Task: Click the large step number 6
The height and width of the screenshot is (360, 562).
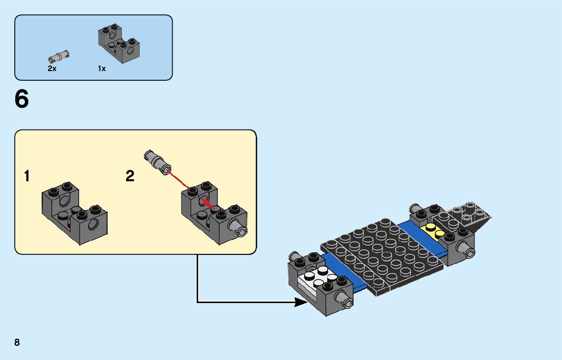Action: (x=22, y=100)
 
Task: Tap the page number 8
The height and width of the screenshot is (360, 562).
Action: (x=17, y=342)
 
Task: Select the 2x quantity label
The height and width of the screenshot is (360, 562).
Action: (x=52, y=69)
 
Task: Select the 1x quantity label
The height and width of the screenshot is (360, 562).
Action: (x=102, y=69)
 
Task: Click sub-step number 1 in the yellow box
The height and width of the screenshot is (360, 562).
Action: (x=26, y=177)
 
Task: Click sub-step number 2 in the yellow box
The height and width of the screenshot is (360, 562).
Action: (x=130, y=177)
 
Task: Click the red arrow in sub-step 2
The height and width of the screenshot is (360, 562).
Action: (x=188, y=188)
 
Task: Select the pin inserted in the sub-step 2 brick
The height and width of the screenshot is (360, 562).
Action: (x=240, y=228)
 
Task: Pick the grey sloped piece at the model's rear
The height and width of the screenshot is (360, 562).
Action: (x=471, y=215)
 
